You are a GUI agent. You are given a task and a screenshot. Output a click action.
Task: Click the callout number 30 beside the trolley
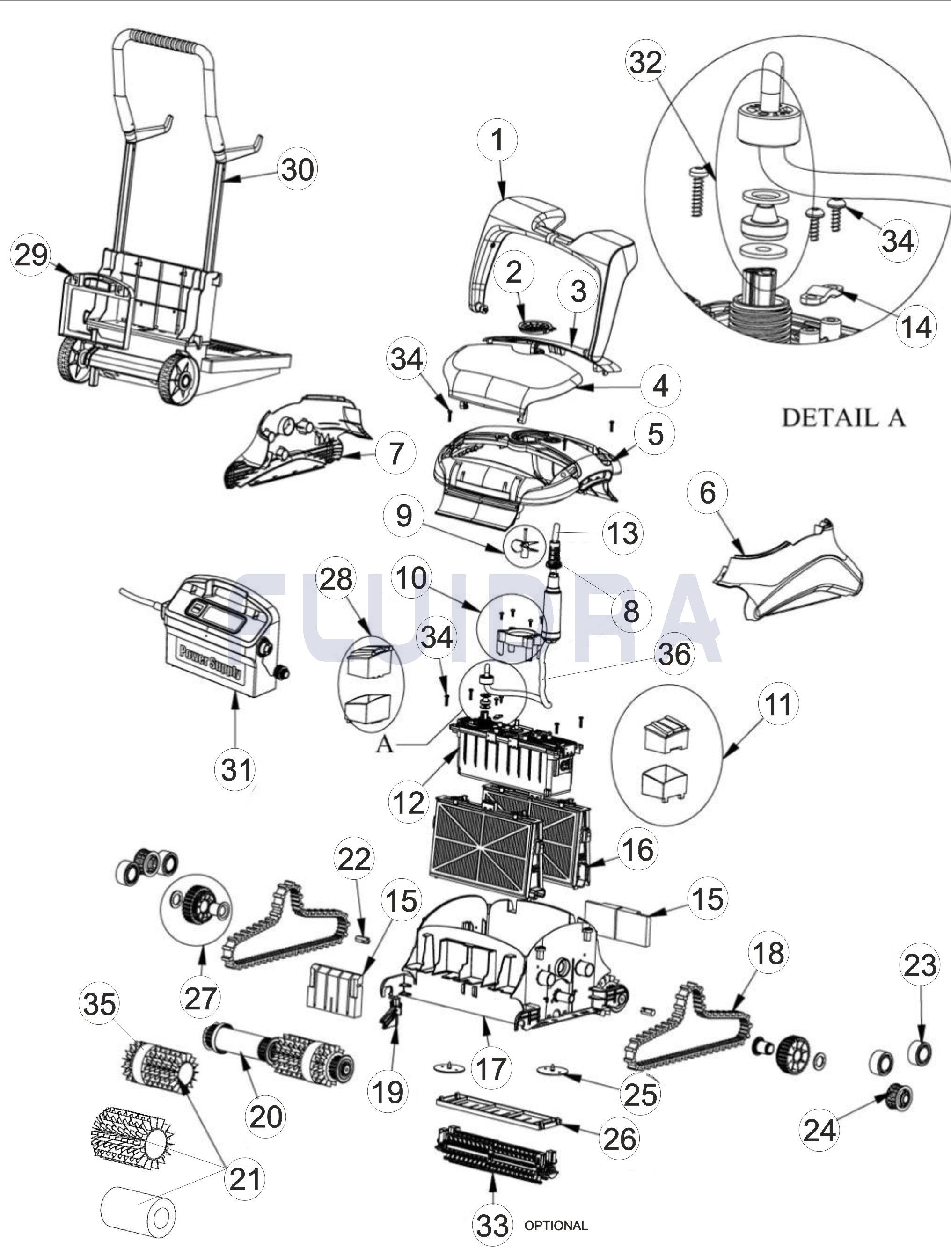click(x=296, y=169)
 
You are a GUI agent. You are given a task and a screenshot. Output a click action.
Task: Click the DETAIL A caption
click(x=843, y=418)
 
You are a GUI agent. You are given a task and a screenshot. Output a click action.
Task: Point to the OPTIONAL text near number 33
click(x=556, y=1225)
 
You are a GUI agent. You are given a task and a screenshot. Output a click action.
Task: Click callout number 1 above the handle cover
click(x=497, y=139)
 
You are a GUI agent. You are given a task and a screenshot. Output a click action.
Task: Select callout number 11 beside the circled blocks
click(x=777, y=705)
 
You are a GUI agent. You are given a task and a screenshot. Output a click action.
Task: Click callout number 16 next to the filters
click(x=637, y=850)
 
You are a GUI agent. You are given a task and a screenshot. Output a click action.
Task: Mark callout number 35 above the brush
click(x=99, y=1004)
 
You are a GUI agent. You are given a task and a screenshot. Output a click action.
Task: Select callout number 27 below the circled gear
click(x=201, y=998)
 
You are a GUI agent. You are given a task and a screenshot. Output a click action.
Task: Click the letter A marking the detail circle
click(x=384, y=745)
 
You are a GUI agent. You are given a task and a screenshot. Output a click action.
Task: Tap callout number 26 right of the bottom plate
click(x=620, y=1139)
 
